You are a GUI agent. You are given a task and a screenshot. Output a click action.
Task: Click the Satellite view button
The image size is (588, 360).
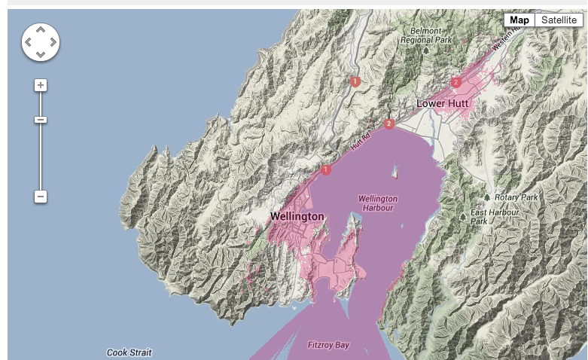point(559,20)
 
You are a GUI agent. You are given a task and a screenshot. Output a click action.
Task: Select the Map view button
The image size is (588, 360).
point(519,20)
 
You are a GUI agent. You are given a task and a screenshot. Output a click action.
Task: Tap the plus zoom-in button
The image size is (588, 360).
point(41,85)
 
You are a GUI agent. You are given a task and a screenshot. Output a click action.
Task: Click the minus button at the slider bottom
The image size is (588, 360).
point(41,197)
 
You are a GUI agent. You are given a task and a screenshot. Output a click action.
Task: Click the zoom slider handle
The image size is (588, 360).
point(41,120)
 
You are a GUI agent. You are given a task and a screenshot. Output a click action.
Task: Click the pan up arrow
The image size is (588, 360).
point(41,30)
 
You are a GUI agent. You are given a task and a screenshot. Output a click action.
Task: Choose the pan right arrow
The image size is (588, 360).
point(53,42)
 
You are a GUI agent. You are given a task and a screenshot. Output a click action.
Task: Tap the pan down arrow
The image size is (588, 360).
point(41,54)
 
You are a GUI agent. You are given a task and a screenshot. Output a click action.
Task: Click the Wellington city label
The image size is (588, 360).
point(297,217)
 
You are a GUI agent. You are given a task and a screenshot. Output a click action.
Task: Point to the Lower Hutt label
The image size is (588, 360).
point(443,103)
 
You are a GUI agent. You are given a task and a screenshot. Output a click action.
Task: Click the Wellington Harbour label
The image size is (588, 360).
point(378,203)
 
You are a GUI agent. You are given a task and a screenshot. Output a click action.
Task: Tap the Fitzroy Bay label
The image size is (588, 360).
point(329,346)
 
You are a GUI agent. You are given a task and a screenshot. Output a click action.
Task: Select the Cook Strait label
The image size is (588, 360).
point(129,352)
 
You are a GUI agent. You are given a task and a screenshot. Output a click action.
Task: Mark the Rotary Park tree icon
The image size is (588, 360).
point(487,197)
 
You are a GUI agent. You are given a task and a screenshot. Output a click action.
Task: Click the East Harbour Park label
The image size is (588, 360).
point(495,217)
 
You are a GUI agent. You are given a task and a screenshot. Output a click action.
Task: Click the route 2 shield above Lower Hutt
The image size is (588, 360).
point(455,82)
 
